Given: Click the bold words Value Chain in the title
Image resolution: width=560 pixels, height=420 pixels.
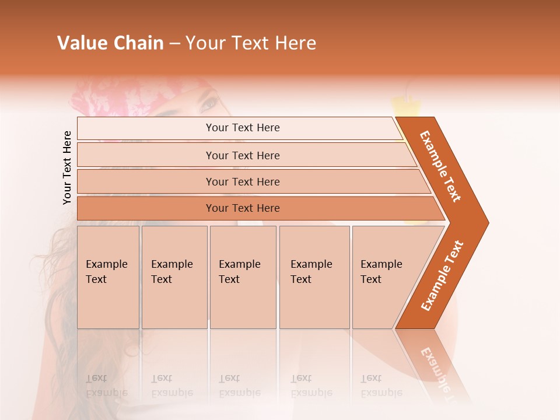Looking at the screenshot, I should [x=110, y=43].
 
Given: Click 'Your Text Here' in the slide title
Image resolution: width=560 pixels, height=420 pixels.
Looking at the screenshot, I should [x=251, y=43].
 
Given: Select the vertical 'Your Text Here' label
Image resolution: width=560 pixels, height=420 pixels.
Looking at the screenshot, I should [x=67, y=167].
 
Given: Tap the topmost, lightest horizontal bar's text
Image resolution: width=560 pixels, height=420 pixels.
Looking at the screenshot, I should [x=243, y=128].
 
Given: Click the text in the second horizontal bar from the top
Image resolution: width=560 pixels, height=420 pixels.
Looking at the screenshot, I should [x=243, y=156].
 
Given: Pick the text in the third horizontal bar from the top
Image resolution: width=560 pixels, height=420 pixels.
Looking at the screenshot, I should [x=243, y=182].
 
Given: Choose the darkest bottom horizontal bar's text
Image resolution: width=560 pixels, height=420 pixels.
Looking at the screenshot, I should [x=243, y=208].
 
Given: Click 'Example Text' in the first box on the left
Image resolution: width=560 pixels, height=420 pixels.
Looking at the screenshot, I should [x=106, y=272].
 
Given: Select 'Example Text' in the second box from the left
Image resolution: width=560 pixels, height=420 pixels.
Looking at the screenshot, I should [x=171, y=272].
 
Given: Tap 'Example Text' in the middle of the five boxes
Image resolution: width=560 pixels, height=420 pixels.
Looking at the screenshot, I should [x=239, y=272].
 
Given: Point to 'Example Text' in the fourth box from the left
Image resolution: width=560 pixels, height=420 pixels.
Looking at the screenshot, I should [x=311, y=272].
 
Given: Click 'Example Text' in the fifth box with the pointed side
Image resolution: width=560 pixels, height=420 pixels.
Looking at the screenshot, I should [x=381, y=272].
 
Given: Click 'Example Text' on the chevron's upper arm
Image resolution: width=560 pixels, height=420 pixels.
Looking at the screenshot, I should [x=440, y=166].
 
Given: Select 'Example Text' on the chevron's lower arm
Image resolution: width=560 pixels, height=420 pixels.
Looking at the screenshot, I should [x=442, y=276].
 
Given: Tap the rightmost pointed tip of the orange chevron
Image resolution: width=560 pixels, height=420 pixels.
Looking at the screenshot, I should [x=487, y=222].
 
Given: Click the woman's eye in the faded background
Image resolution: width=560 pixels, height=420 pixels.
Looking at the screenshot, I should [x=208, y=105].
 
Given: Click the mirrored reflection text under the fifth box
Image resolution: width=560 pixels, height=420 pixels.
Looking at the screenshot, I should [x=381, y=386].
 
